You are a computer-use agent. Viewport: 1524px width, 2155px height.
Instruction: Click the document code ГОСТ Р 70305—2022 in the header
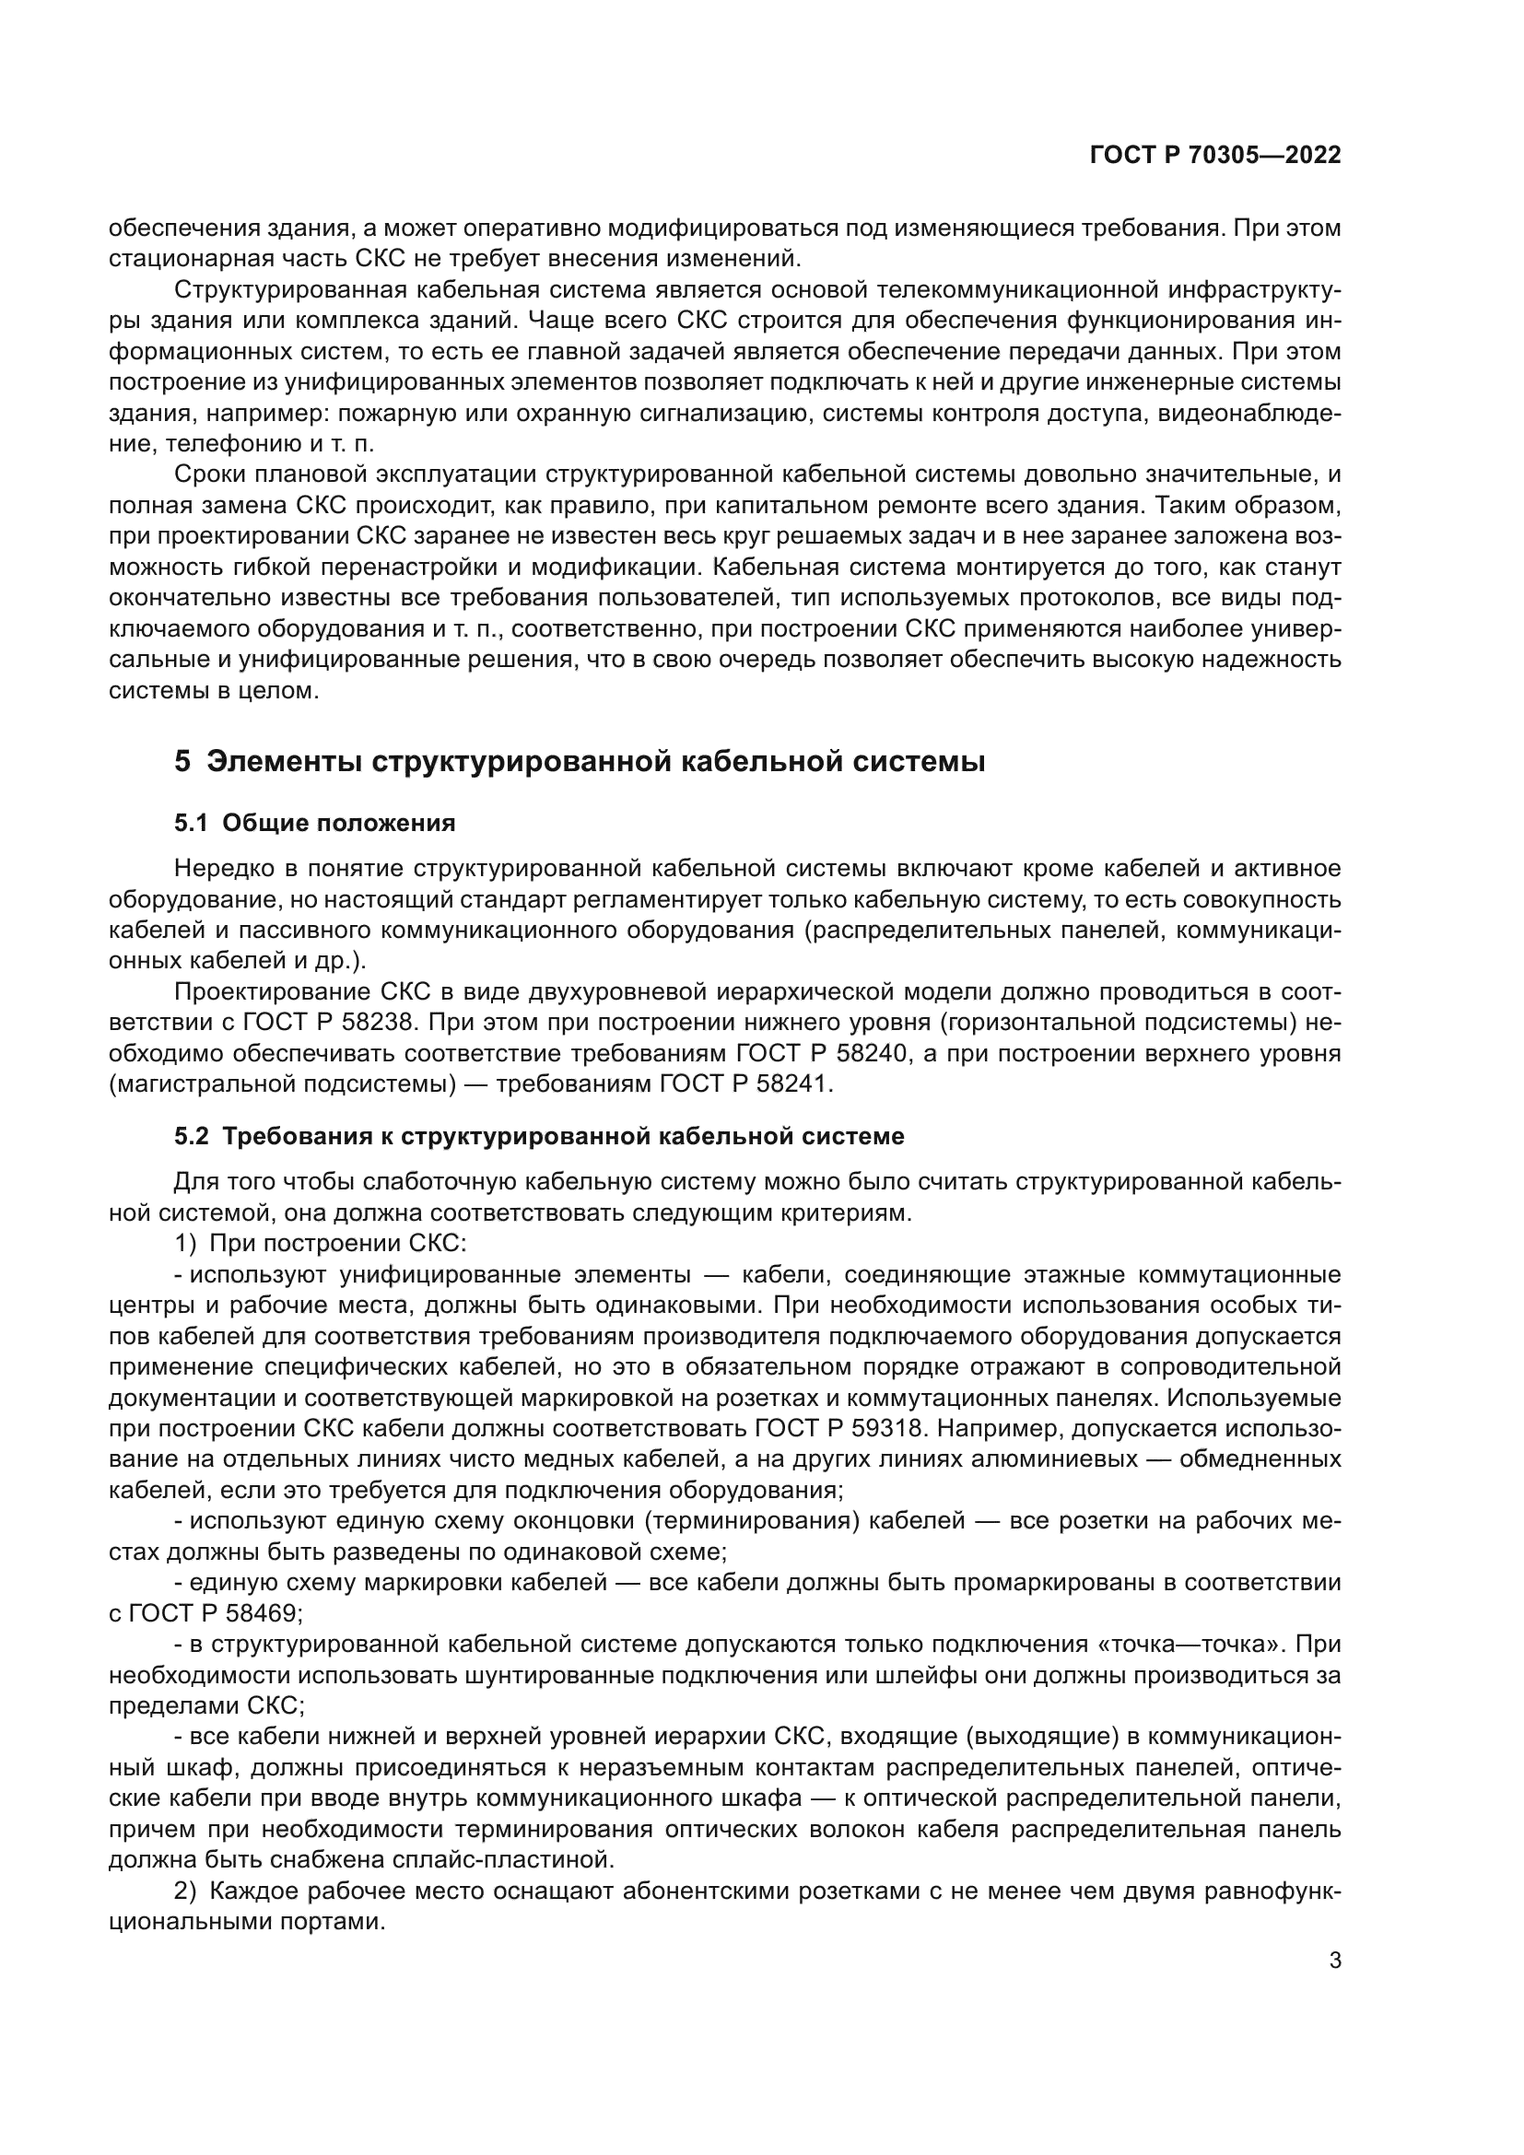(x=1215, y=156)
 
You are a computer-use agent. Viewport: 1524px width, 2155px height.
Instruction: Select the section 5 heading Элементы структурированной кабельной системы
(x=579, y=761)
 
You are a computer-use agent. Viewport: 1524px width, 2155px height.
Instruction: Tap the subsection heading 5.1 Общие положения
(x=314, y=823)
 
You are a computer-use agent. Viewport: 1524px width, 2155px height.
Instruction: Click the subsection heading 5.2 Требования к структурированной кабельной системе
(x=539, y=1136)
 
